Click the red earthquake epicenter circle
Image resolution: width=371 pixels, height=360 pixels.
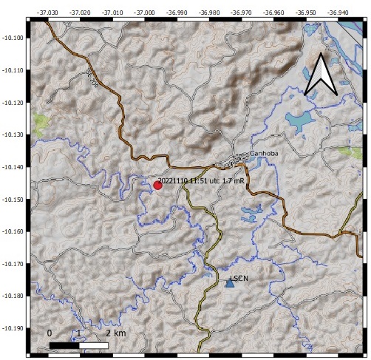click(157, 185)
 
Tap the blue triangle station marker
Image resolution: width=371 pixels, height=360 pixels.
click(229, 282)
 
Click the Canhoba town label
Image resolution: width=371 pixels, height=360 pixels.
click(262, 154)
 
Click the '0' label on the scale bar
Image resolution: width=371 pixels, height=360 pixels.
click(50, 333)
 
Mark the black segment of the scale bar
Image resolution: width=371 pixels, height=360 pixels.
click(64, 344)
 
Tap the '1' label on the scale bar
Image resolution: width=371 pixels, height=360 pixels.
click(78, 333)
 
